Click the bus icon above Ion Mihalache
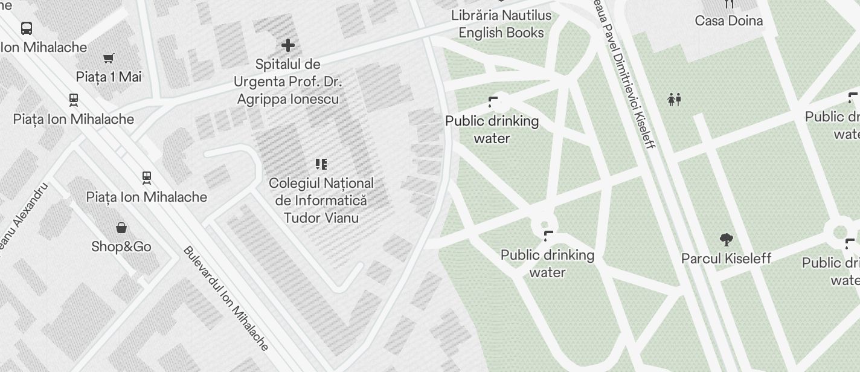pyautogui.click(x=27, y=28)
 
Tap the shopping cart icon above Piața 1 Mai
pyautogui.click(x=109, y=59)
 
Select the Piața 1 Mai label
pyautogui.click(x=109, y=77)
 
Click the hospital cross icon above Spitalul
pyautogui.click(x=288, y=45)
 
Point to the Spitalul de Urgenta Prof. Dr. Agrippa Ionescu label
pyautogui.click(x=287, y=82)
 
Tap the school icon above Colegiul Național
pyautogui.click(x=321, y=164)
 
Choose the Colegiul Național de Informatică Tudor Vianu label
pyautogui.click(x=321, y=200)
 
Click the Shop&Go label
pyautogui.click(x=121, y=246)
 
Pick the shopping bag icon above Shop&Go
pyautogui.click(x=121, y=228)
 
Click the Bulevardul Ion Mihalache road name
pyautogui.click(x=226, y=298)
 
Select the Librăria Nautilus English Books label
pyautogui.click(x=501, y=24)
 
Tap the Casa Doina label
pyautogui.click(x=729, y=21)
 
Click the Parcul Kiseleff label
pyautogui.click(x=727, y=258)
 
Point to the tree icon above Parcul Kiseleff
pyautogui.click(x=727, y=240)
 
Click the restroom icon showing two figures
pyautogui.click(x=675, y=100)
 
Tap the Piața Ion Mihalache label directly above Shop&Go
pyautogui.click(x=147, y=197)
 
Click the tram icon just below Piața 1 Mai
pyautogui.click(x=74, y=100)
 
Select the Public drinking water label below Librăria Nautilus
pyautogui.click(x=492, y=130)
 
